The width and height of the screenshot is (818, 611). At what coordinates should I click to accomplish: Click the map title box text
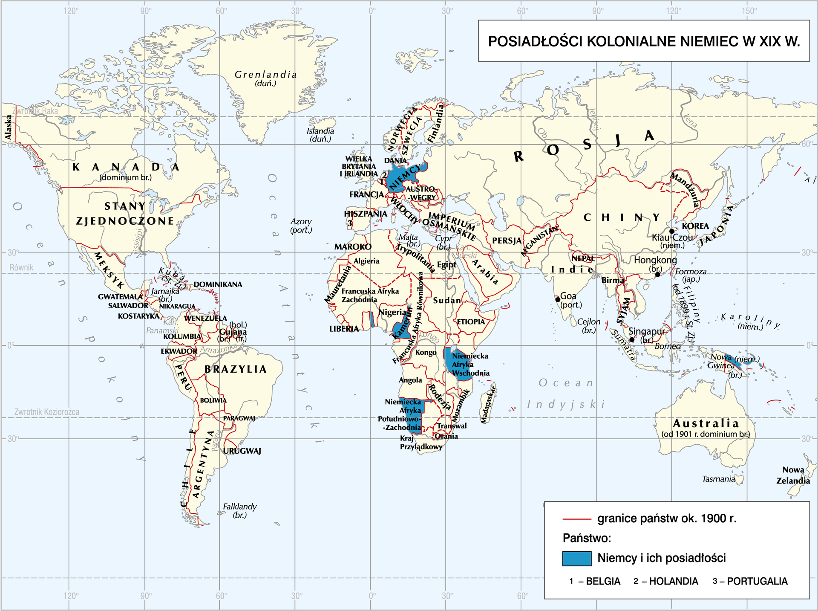644,41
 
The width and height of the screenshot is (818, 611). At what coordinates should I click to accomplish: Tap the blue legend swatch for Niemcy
576,558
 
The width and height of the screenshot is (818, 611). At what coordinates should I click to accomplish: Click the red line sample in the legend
576,519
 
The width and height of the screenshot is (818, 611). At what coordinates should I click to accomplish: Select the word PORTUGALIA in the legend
757,581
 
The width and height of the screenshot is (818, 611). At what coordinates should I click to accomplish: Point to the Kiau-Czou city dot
672,231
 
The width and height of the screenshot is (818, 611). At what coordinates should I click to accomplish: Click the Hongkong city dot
658,275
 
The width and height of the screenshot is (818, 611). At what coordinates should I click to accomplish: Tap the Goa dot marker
558,299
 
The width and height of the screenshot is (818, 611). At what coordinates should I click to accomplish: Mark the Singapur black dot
632,340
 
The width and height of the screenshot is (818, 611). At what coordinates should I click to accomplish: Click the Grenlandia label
265,75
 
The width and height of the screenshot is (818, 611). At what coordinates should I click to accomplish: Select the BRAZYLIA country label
236,369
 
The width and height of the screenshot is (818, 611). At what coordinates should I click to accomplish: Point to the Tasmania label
718,479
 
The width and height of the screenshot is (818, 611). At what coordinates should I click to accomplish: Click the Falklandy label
240,507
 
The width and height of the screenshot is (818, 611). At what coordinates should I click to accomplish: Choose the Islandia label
320,131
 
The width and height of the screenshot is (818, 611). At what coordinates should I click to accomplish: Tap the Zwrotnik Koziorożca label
47,412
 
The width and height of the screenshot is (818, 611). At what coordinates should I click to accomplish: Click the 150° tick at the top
749,11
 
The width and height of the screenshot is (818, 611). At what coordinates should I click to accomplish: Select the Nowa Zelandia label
793,475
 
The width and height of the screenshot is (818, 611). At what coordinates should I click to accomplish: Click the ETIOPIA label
471,321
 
